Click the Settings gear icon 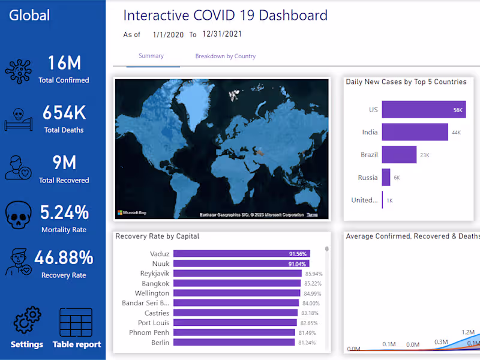click(27, 321)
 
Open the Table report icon click(76, 322)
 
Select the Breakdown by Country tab click(225, 56)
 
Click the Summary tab click(151, 56)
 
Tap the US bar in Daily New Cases click(423, 110)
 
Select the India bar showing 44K click(415, 132)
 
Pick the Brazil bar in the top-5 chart click(399, 155)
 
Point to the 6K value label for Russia click(397, 178)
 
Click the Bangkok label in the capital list click(155, 283)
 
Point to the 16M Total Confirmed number click(64, 63)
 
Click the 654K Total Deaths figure click(64, 113)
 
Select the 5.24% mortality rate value click(64, 212)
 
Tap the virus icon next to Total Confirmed click(18, 71)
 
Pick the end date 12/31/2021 click(222, 34)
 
